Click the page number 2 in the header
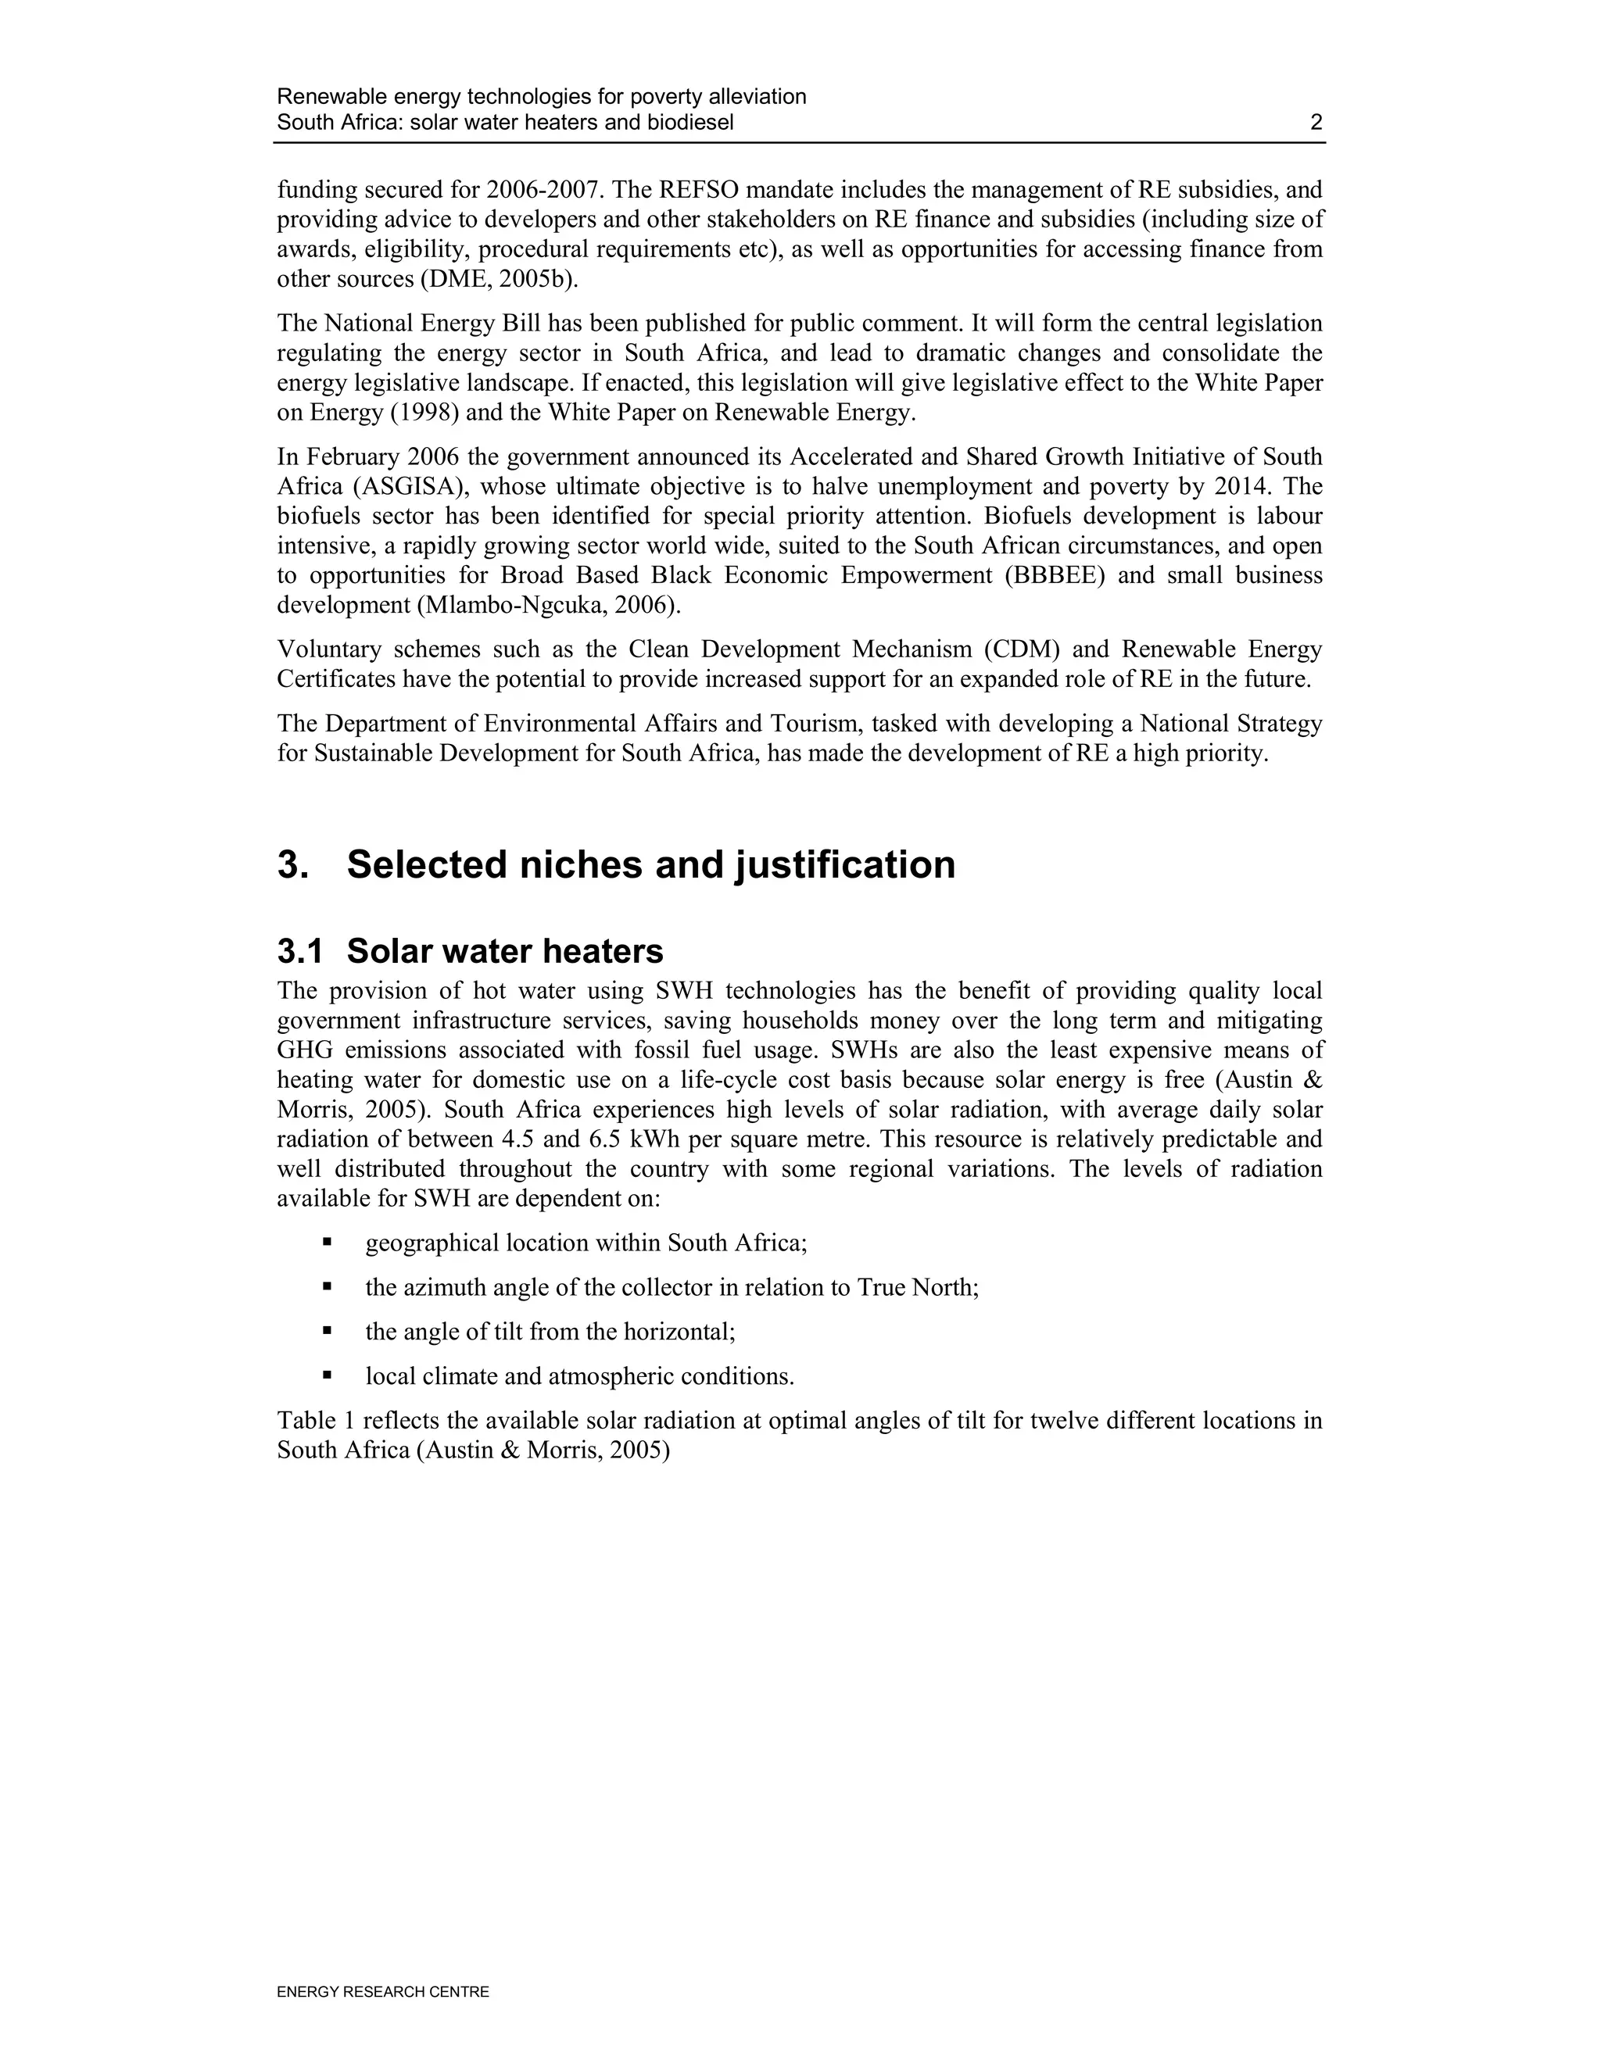tap(1316, 123)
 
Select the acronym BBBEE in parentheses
tap(1055, 576)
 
